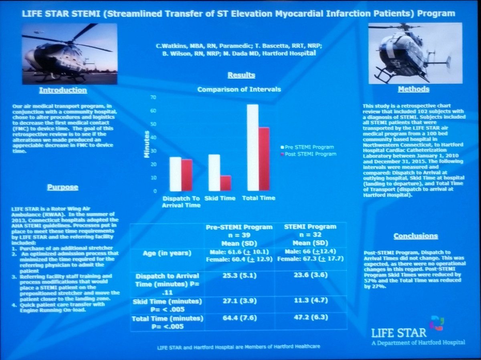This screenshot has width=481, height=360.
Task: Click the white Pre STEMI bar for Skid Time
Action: tap(214, 173)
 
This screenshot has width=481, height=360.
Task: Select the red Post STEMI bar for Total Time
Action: tap(264, 159)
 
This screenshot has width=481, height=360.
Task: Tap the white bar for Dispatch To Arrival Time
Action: tap(175, 174)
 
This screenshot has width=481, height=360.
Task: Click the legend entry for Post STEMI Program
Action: tap(309, 154)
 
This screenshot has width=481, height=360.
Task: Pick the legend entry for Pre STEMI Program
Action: tap(307, 147)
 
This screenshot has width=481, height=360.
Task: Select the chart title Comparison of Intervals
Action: tap(239, 89)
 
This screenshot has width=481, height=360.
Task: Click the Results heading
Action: tap(241, 75)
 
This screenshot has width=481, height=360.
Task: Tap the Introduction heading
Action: tap(63, 90)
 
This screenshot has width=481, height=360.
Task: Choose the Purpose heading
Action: tap(63, 187)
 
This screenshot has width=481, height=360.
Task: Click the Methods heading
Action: tap(414, 89)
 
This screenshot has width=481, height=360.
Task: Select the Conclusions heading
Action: tap(415, 236)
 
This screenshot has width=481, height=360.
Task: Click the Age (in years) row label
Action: tap(168, 253)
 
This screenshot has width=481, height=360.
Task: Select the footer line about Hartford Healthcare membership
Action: tap(238, 346)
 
